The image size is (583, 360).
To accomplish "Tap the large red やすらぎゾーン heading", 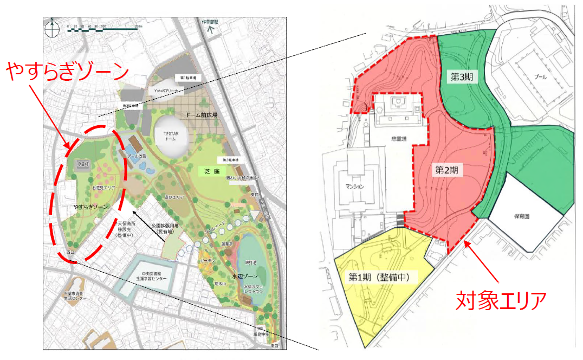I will [x=68, y=73].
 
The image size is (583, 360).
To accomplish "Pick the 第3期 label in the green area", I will [x=462, y=77].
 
